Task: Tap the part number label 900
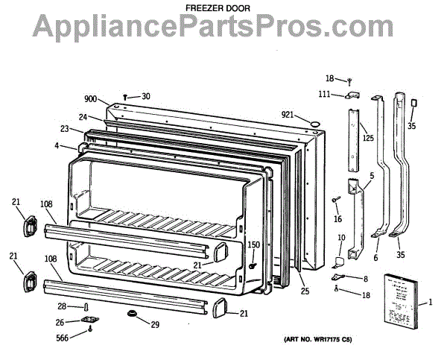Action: (90, 98)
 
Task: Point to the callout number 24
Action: (83, 116)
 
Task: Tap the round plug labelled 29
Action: (134, 316)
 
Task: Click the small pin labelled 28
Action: (88, 307)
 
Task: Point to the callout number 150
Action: (253, 246)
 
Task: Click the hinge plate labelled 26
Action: (91, 321)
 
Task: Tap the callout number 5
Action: (370, 176)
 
